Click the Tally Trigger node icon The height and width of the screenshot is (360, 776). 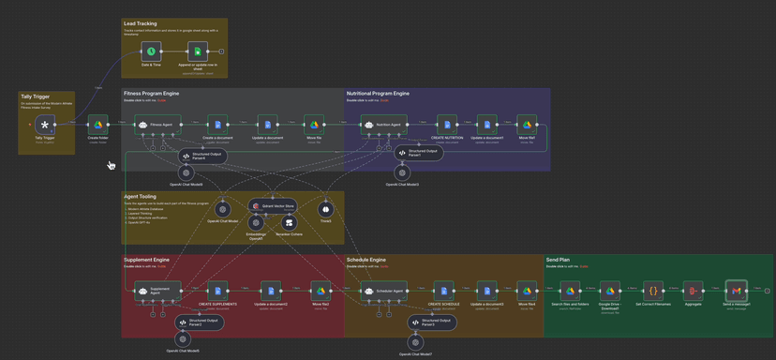click(44, 125)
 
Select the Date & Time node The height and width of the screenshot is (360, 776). click(151, 52)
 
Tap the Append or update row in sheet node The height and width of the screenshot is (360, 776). click(197, 52)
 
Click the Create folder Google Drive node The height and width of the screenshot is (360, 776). click(97, 125)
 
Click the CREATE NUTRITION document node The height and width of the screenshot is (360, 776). click(448, 125)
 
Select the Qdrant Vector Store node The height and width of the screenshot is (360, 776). click(272, 205)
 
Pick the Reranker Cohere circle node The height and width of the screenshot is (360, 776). click(290, 223)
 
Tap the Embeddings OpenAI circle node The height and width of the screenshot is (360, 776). click(256, 223)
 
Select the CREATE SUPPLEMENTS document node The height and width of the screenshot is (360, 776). click(217, 292)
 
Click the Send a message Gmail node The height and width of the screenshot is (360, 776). click(737, 292)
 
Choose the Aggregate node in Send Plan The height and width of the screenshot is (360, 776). click(693, 292)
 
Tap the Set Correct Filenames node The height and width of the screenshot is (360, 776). click(653, 292)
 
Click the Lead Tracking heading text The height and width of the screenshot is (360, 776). click(140, 22)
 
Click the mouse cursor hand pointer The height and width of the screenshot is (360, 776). click(111, 165)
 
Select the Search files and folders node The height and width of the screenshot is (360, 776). click(570, 292)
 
